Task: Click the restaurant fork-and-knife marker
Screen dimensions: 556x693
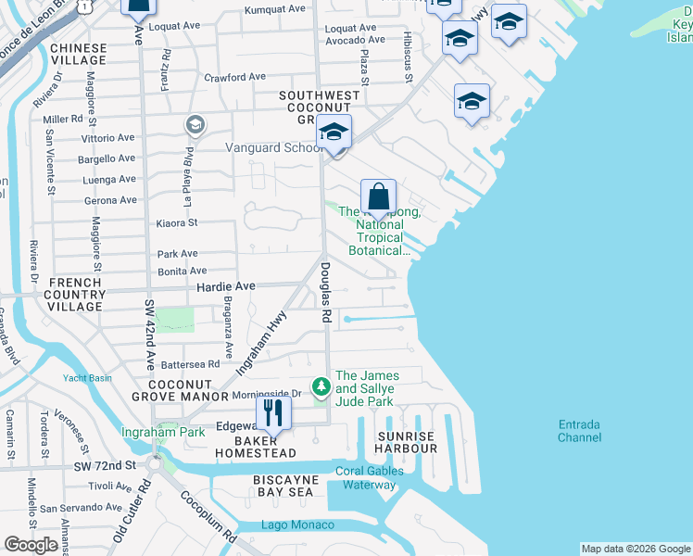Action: point(272,412)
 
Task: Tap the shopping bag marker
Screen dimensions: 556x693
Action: point(378,198)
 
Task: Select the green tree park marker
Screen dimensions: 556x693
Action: point(321,384)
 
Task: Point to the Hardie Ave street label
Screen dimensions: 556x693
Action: point(225,287)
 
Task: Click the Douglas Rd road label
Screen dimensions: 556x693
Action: point(326,292)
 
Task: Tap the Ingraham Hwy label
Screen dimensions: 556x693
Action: point(262,342)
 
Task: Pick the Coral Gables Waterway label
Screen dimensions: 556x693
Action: point(370,477)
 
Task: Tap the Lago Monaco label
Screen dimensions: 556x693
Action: point(296,525)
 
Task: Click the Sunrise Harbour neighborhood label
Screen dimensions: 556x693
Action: point(406,442)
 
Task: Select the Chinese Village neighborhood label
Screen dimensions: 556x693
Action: point(79,53)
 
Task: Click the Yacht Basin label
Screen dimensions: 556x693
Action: point(87,377)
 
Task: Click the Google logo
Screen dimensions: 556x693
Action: point(31,545)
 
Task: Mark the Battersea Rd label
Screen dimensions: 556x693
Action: point(190,365)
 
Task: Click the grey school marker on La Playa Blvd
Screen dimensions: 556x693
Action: point(195,124)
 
